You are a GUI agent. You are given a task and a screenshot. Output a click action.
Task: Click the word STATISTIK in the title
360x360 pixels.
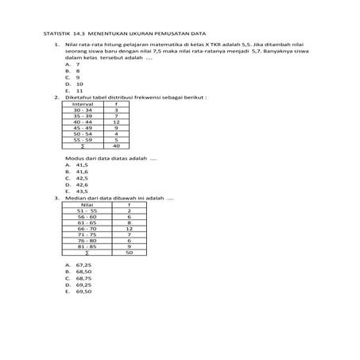(56, 35)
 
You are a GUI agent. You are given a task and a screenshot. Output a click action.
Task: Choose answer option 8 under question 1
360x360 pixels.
(78, 70)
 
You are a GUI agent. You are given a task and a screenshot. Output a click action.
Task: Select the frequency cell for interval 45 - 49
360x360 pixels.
(117, 127)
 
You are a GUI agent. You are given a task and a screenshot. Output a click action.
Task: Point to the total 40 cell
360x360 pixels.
(117, 146)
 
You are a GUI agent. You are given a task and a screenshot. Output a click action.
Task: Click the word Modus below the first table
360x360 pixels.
(73, 159)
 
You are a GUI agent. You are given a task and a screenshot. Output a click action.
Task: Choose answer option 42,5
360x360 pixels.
(81, 178)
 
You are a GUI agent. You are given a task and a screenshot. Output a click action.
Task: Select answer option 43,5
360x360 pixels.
(81, 192)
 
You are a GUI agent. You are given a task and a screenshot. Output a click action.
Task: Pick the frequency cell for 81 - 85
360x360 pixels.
(129, 247)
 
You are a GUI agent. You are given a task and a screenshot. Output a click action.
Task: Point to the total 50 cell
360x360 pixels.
(129, 253)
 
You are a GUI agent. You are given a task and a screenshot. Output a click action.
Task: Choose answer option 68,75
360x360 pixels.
(83, 279)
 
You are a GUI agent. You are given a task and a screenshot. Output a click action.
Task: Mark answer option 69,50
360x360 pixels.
(83, 292)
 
